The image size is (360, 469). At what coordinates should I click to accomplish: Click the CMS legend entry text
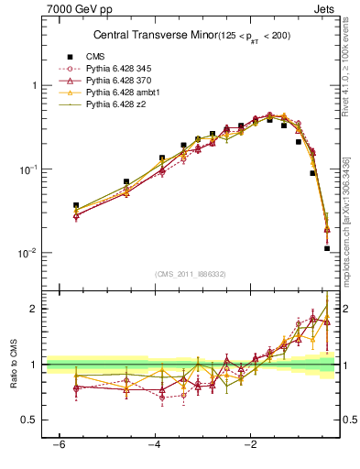95,57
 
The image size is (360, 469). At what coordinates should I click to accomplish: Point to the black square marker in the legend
68,57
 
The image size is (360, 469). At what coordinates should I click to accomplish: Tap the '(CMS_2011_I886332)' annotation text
191,274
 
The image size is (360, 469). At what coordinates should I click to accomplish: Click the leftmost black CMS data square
76,205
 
